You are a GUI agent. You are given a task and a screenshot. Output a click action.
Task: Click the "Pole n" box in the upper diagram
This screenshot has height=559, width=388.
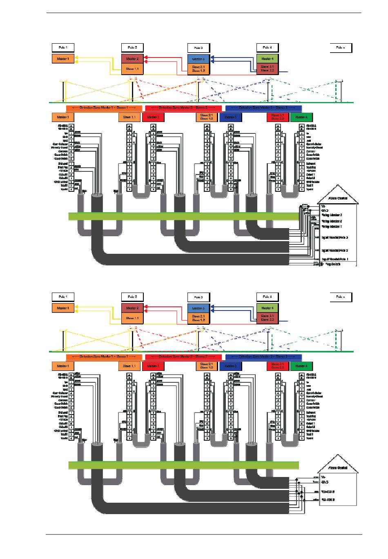click(341, 48)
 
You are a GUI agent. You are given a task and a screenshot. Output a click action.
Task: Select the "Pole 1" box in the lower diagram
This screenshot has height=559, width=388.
click(63, 297)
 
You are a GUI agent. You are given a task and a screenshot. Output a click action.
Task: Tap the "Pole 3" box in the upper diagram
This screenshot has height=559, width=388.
click(198, 48)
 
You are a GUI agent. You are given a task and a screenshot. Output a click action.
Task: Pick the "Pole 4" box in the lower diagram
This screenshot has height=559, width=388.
click(267, 297)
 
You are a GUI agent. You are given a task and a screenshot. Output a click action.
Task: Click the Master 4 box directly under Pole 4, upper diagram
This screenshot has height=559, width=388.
click(267, 59)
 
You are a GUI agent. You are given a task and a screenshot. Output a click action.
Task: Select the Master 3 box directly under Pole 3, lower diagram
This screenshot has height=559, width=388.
click(198, 308)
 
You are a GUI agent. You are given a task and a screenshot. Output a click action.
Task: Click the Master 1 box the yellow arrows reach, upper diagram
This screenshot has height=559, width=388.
click(63, 59)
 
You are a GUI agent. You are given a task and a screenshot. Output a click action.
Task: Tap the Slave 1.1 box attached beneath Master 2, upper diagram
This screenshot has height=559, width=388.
click(132, 69)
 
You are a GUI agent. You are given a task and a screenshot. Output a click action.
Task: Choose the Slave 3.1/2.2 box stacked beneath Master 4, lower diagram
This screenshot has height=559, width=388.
click(267, 318)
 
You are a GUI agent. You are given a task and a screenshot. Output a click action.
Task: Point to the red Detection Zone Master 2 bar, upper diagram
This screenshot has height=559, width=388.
click(183, 108)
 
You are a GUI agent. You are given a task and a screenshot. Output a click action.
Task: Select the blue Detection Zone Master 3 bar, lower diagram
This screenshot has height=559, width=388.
click(263, 357)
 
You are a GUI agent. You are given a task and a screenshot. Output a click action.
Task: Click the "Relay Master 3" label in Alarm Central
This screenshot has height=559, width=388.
click(332, 215)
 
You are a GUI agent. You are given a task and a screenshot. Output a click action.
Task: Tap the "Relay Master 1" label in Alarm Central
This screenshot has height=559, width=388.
click(332, 226)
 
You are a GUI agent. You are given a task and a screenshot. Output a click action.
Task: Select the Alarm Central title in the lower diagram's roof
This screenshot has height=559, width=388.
click(338, 468)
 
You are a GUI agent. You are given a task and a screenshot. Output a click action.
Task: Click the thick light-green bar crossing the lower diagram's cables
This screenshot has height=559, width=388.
click(184, 465)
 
